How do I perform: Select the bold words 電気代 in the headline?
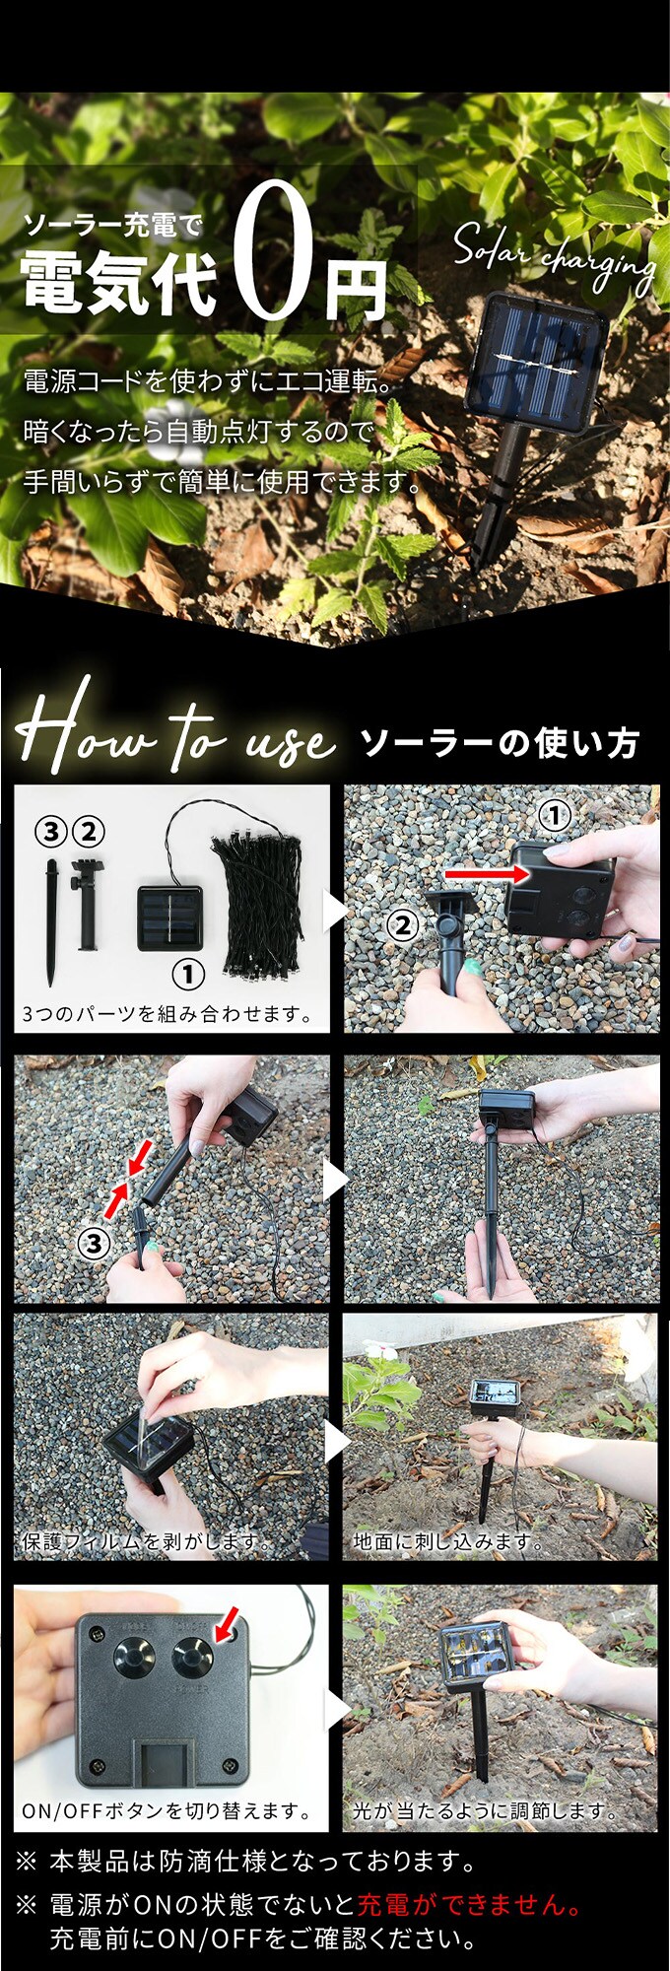pos(119,284)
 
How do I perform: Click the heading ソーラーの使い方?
pos(501,743)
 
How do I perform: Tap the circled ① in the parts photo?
pos(187,974)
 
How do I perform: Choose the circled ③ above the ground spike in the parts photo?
pos(50,833)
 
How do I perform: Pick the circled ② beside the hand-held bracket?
pos(402,924)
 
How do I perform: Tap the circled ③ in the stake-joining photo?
pos(94,1244)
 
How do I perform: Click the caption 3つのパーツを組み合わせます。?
pos(167,1013)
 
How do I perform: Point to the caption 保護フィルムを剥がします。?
pos(146,1541)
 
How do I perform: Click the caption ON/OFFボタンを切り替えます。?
pos(167,1810)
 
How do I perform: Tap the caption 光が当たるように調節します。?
pos(486,1810)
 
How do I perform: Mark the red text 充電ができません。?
pos(469,1904)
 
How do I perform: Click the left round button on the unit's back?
pos(133,1662)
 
